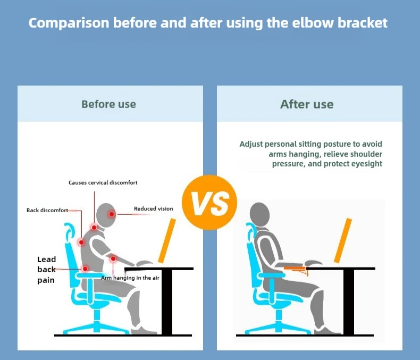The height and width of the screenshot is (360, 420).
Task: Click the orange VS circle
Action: pyautogui.click(x=209, y=203)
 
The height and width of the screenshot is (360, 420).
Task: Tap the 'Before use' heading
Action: pyautogui.click(x=109, y=104)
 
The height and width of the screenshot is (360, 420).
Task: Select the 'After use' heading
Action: pyautogui.click(x=307, y=104)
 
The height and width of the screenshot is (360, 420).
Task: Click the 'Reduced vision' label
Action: pyautogui.click(x=154, y=208)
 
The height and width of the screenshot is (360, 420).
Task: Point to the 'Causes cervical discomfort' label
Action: pyautogui.click(x=103, y=183)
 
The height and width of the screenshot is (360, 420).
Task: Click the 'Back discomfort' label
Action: pyautogui.click(x=47, y=210)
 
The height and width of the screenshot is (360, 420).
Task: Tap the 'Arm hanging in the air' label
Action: pyautogui.click(x=130, y=278)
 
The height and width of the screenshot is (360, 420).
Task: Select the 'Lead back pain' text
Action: pyautogui.click(x=47, y=270)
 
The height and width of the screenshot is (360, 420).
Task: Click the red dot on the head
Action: pyautogui.click(x=112, y=214)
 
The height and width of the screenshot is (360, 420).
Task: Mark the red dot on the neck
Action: pyautogui.click(x=94, y=228)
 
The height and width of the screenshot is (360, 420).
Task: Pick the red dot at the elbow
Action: pyautogui.click(x=113, y=259)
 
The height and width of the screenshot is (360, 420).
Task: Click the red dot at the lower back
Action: pyautogui.click(x=85, y=269)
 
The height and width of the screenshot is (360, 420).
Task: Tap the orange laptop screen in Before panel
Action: pyautogui.click(x=167, y=240)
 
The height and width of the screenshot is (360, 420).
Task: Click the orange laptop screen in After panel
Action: pyautogui.click(x=343, y=240)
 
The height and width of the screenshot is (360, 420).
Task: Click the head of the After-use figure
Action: pyautogui.click(x=259, y=215)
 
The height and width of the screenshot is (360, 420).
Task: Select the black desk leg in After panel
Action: pyautogui.click(x=349, y=302)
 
